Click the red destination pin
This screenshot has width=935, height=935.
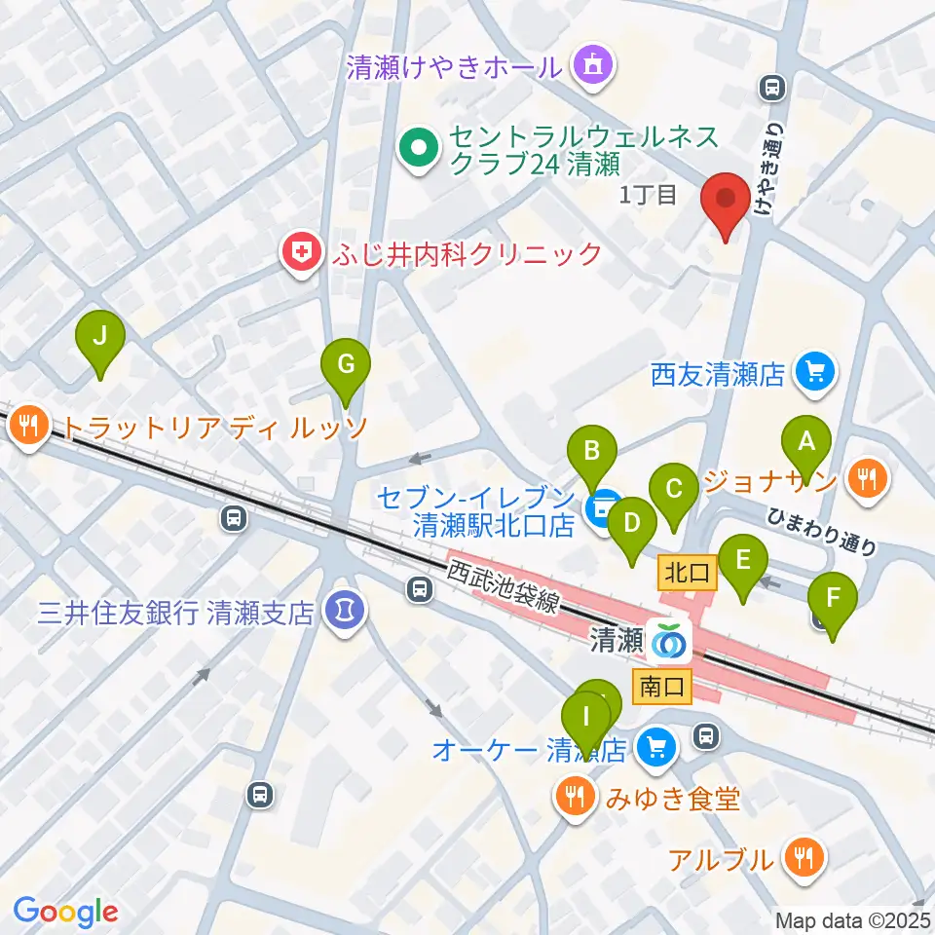click(727, 200)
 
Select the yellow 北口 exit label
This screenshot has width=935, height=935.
click(687, 573)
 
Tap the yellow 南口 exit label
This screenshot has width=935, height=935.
click(663, 686)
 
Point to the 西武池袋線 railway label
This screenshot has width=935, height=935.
click(505, 585)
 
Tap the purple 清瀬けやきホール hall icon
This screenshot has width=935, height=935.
click(592, 66)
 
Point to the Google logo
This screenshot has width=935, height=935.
click(65, 912)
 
